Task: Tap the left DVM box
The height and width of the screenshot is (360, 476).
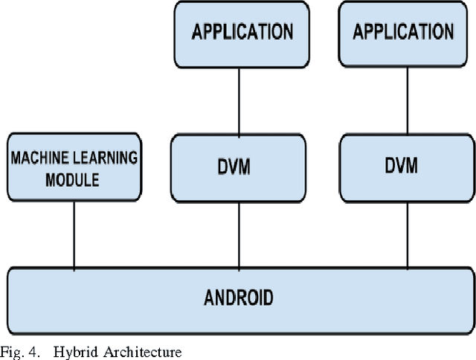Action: click(239, 168)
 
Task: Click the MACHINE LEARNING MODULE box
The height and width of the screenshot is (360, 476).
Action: click(74, 167)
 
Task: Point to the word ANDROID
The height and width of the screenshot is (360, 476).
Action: click(238, 298)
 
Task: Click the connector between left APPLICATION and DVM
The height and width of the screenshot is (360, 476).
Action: click(239, 100)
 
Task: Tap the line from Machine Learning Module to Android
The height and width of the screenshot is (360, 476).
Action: click(74, 234)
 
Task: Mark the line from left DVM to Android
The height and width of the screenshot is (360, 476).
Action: click(239, 235)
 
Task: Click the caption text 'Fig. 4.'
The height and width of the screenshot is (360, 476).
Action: click(18, 351)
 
